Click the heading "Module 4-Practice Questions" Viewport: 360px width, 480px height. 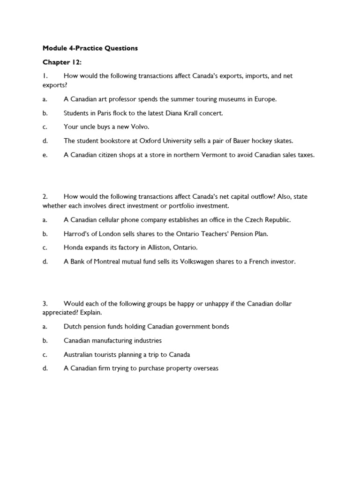click(90, 48)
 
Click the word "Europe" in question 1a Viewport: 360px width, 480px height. click(265, 99)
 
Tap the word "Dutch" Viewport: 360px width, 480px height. click(73, 327)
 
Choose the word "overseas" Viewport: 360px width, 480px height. click(205, 368)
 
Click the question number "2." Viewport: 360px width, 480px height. click(45, 197)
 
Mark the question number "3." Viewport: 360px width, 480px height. click(45, 304)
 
